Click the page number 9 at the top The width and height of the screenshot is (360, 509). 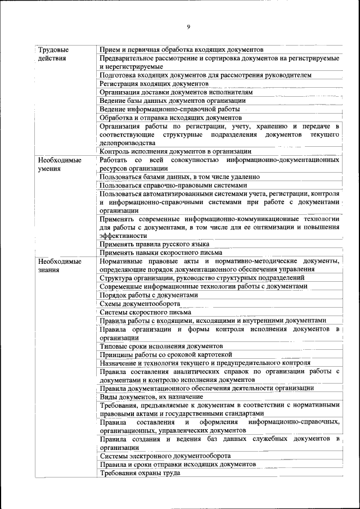click(x=189, y=26)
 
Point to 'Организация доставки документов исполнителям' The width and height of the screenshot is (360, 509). click(x=176, y=92)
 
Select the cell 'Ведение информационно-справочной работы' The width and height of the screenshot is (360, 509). click(x=170, y=109)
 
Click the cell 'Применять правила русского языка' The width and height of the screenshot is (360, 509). click(x=155, y=244)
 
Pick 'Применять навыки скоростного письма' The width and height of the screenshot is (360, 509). click(x=159, y=253)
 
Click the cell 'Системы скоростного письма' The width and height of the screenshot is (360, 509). click(x=146, y=312)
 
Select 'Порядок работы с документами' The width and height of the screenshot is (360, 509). click(x=149, y=295)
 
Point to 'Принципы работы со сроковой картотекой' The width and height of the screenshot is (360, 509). click(x=166, y=354)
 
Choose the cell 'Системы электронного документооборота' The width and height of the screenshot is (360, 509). click(x=165, y=456)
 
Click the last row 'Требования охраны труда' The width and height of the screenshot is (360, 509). click(x=140, y=473)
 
